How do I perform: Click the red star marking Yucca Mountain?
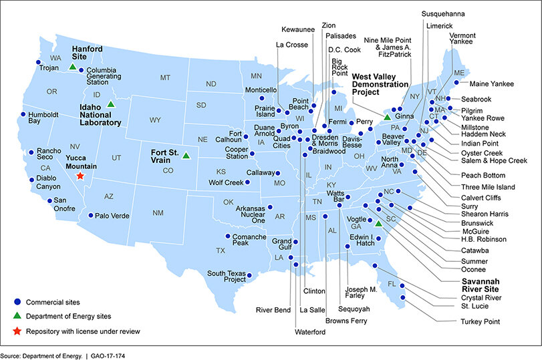pyautogui.click(x=80, y=176)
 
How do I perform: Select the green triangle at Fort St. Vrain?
pyautogui.click(x=186, y=156)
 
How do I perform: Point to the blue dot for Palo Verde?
pyautogui.click(x=91, y=216)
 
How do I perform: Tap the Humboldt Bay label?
pyautogui.click(x=43, y=118)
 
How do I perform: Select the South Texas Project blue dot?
pyautogui.click(x=249, y=275)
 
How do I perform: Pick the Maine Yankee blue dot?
pyautogui.click(x=456, y=83)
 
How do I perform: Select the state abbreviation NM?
pyautogui.click(x=158, y=212)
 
